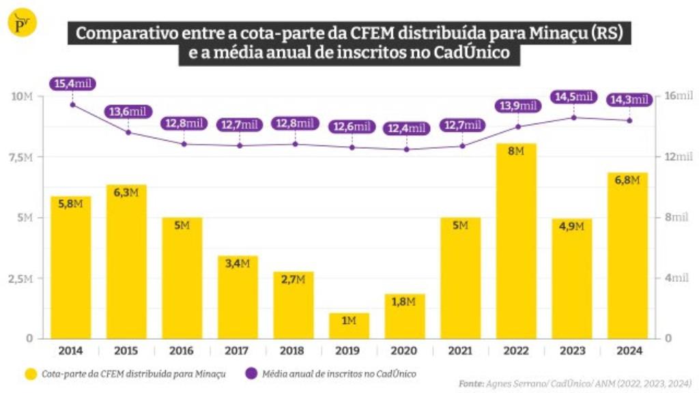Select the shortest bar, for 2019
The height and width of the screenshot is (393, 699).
point(349,325)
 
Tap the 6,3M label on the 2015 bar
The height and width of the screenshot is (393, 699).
point(126,193)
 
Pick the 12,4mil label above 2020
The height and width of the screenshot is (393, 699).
point(406,128)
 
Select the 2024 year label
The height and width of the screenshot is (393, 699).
point(627,351)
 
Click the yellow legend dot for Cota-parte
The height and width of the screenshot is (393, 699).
point(31,374)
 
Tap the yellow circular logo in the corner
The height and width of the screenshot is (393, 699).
point(21,23)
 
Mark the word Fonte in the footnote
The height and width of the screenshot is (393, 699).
point(471,383)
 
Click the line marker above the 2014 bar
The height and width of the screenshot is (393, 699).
point(72,104)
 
